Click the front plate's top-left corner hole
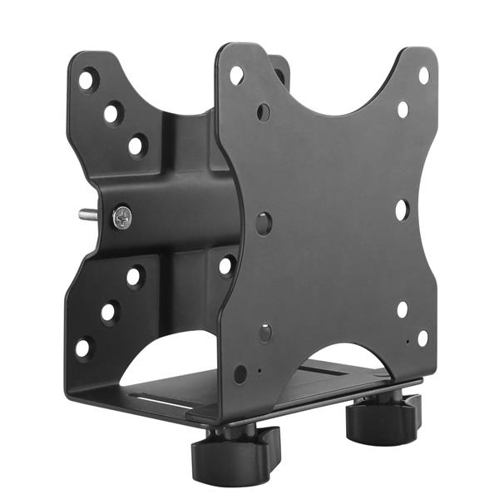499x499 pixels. tap(237, 75)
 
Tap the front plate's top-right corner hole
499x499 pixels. tap(423, 75)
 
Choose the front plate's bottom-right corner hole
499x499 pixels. tap(422, 338)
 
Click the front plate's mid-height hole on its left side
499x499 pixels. tap(264, 223)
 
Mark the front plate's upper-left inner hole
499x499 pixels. tap(264, 111)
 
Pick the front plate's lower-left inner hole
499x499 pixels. tap(264, 333)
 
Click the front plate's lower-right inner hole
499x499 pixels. tap(403, 309)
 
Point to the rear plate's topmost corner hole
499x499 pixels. tap(86, 81)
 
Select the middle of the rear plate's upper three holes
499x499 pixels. tap(112, 113)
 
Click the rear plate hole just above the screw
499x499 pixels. tap(136, 146)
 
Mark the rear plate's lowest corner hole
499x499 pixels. tap(84, 348)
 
